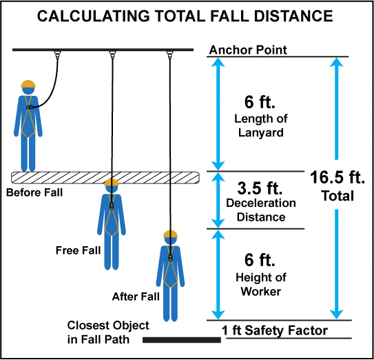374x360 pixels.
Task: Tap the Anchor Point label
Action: pos(248,50)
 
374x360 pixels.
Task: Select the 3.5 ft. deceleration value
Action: pos(260,188)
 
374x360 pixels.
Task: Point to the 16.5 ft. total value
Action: pos(337,177)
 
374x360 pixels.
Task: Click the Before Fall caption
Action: pos(34,192)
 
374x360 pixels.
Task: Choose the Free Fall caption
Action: pos(78,250)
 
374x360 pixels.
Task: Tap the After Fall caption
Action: pos(136,297)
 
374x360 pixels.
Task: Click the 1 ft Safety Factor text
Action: pos(275,330)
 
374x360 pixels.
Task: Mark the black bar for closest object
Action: pos(182,340)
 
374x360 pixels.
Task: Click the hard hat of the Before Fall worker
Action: pos(28,84)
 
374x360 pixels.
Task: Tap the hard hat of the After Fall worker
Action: pos(170,234)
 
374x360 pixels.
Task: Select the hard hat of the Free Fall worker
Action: pos(112,182)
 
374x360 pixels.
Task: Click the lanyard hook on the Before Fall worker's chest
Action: pos(30,108)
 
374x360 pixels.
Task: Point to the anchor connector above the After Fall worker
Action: pos(169,55)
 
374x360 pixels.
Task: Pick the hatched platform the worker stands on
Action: pos(105,178)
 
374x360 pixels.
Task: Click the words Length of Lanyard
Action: pos(261,126)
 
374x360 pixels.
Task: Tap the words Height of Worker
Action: pos(261,285)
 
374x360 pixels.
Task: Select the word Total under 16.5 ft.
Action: pos(337,196)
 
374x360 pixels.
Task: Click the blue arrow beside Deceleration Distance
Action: pos(218,200)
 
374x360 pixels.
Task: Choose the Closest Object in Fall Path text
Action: pos(108,332)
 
